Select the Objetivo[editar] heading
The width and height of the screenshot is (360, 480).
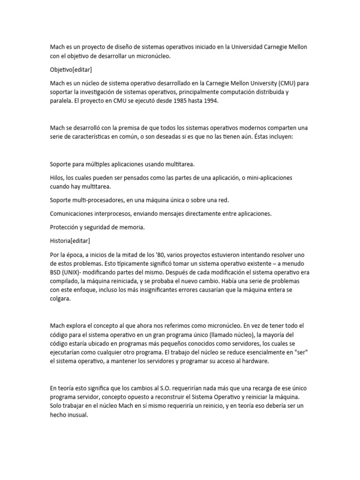71,69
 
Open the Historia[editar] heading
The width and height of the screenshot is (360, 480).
70,240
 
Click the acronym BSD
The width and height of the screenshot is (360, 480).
56,272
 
